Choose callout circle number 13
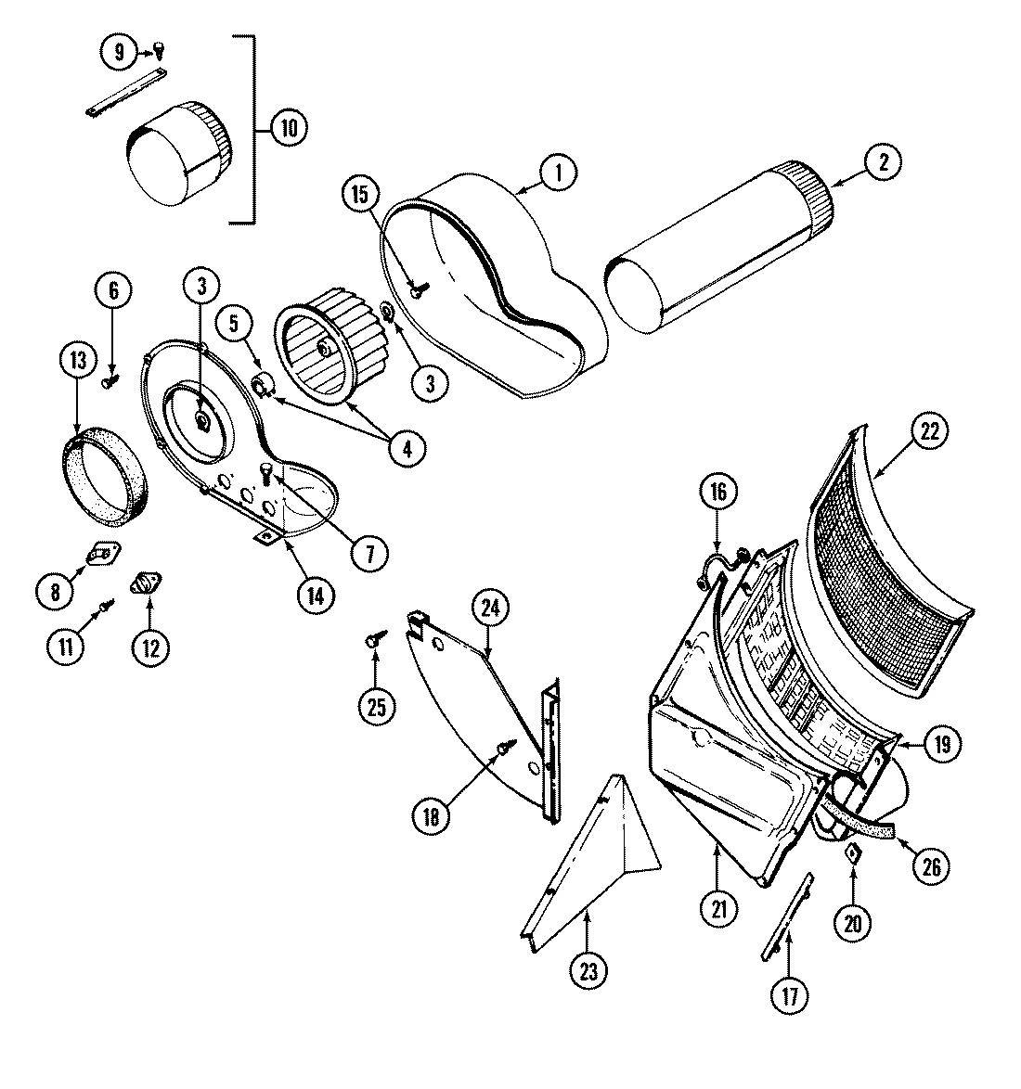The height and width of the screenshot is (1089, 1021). pyautogui.click(x=78, y=359)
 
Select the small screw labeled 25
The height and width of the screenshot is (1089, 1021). pyautogui.click(x=375, y=639)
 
